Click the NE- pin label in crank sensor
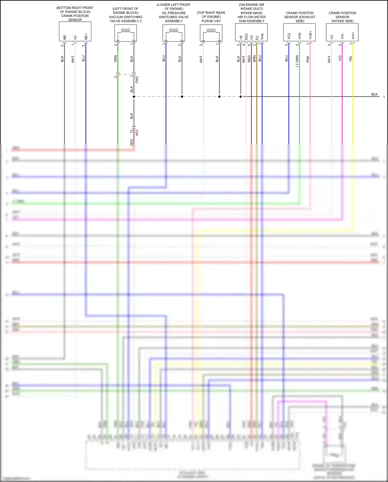65,37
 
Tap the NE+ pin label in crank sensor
86,37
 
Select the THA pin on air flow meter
262,37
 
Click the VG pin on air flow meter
252,37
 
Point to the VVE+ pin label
310,35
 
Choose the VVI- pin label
342,36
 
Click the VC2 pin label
289,36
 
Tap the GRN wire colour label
116,59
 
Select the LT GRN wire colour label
297,61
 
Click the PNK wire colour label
308,59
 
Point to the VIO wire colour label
340,59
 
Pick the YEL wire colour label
350,59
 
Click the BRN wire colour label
254,59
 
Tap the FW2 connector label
137,80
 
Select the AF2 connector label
137,133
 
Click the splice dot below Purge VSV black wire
219,97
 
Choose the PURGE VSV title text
211,21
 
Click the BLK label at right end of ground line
374,94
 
